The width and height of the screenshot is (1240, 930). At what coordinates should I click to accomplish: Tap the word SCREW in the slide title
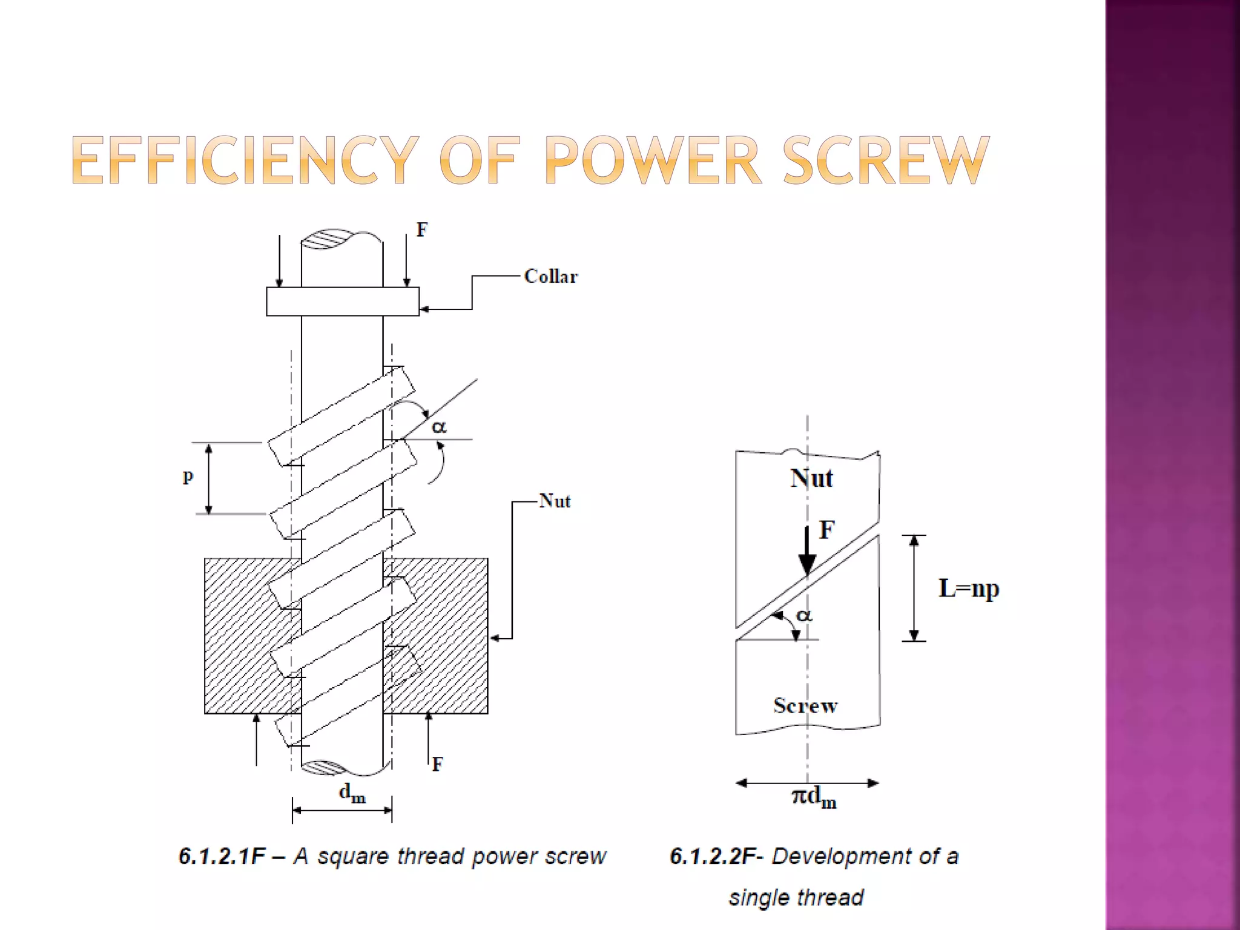tap(886, 160)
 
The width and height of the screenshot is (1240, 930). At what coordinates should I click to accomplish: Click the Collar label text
tap(550, 277)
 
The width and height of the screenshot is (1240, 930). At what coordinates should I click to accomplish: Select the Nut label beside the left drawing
tap(555, 501)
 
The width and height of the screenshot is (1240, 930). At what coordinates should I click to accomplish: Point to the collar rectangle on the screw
tap(343, 302)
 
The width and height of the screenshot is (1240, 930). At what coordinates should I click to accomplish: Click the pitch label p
tap(188, 477)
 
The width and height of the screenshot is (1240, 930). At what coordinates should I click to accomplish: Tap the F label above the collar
tap(422, 230)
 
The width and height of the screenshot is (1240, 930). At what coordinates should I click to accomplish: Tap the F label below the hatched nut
tap(437, 765)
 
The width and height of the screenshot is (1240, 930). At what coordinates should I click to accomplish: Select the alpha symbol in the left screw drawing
tap(439, 427)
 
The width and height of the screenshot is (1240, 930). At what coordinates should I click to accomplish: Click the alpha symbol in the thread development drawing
tap(803, 616)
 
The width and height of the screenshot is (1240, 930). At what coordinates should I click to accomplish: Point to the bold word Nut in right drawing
tap(811, 478)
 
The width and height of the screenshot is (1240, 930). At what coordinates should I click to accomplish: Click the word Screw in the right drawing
tap(805, 705)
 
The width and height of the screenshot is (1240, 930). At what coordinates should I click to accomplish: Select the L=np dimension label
tap(968, 588)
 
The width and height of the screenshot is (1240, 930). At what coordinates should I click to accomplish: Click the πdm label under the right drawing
tap(814, 797)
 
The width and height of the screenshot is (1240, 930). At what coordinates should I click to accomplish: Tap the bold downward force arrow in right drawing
tap(806, 551)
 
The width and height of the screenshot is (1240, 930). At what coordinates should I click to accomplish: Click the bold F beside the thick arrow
tap(827, 530)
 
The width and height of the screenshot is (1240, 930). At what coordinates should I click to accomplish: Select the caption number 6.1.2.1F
tap(222, 856)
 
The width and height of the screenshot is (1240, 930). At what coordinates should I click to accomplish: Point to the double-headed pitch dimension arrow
tap(209, 478)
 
